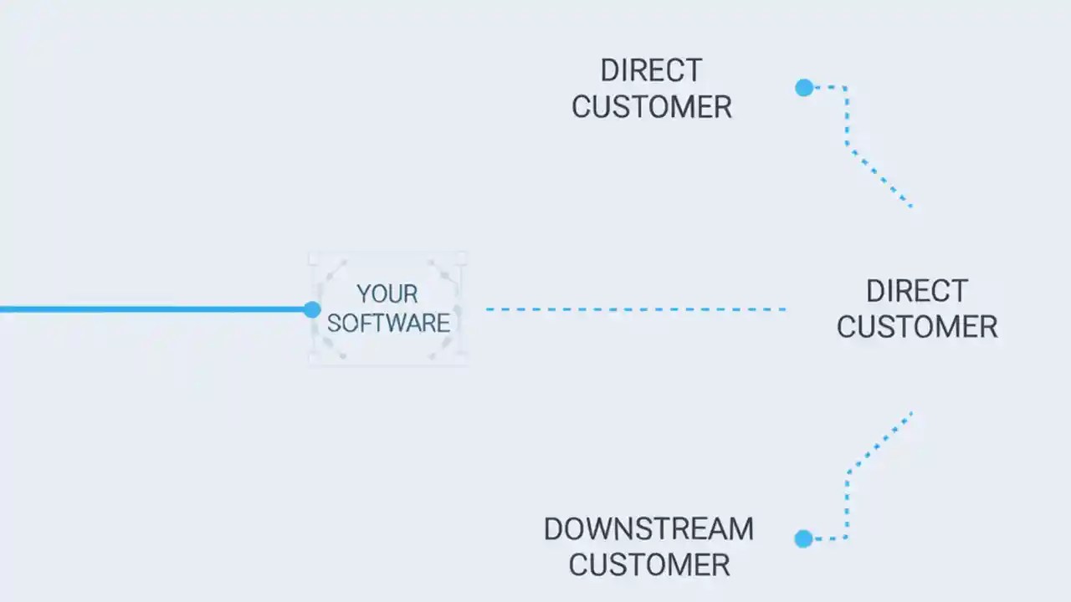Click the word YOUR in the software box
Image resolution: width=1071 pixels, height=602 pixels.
(x=387, y=294)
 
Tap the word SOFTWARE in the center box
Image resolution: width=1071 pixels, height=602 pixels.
(x=388, y=324)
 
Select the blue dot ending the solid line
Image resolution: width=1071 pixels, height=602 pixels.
(x=312, y=309)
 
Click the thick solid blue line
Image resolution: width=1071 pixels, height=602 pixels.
(x=151, y=309)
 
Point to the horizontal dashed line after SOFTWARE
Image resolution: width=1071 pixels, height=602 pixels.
(x=636, y=309)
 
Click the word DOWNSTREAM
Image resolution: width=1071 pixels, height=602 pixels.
(x=648, y=529)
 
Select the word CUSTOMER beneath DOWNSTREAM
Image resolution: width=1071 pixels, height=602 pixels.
(x=648, y=565)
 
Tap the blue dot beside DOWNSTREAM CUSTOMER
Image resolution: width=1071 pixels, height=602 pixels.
(x=803, y=538)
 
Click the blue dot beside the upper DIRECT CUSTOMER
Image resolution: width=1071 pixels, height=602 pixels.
(x=804, y=87)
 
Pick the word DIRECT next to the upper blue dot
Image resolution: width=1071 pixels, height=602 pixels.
(x=651, y=71)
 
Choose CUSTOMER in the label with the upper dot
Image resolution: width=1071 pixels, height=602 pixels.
(x=651, y=108)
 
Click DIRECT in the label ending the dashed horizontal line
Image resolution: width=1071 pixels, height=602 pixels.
(x=916, y=291)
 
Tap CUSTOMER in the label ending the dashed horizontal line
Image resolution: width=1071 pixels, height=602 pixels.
(x=916, y=327)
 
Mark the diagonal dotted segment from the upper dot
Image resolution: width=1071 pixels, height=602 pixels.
(x=879, y=176)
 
